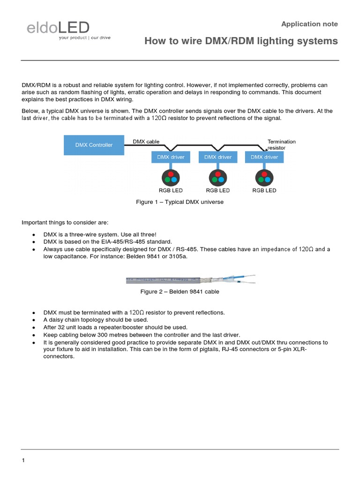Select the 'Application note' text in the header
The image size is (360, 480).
coord(309,24)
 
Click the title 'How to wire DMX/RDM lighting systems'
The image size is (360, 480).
coord(241,41)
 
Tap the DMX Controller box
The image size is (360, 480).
coord(94,145)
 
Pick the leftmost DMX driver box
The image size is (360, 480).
coord(171,157)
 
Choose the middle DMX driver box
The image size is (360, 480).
coord(218,157)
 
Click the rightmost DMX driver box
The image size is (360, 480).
coord(264,157)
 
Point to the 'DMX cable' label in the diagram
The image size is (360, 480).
coord(146,141)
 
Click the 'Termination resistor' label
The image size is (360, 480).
coord(281,144)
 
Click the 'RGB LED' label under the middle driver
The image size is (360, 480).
coord(218,190)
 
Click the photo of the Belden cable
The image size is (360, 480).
coord(191,280)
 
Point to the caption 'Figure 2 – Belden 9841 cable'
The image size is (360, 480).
coord(180,292)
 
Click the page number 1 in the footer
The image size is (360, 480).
coord(23,460)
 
